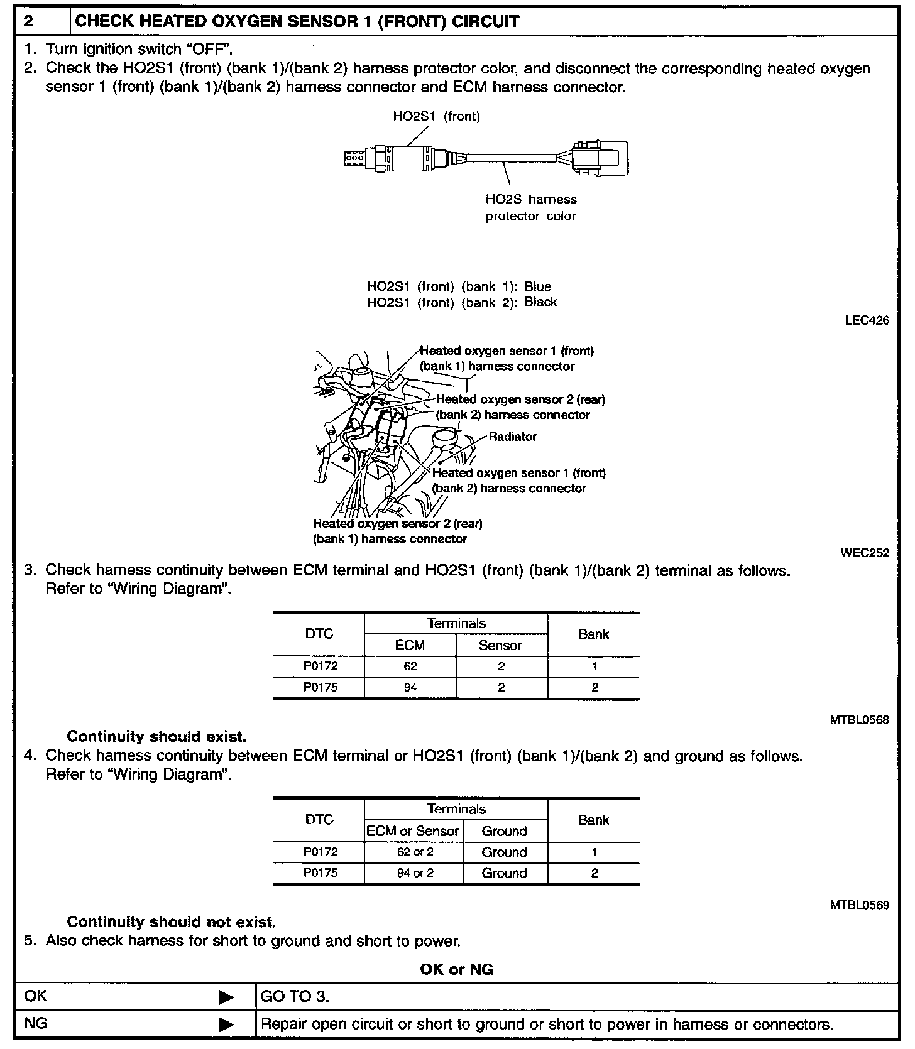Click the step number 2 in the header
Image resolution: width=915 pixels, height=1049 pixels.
click(28, 21)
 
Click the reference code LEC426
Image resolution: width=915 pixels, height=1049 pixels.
click(867, 320)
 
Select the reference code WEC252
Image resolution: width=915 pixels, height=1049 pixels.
click(865, 553)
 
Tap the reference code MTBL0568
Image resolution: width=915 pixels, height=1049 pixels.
click(859, 720)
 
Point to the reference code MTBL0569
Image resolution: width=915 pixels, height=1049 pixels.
click(859, 905)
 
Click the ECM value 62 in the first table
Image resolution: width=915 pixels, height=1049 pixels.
click(410, 666)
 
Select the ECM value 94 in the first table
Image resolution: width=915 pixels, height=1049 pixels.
click(410, 687)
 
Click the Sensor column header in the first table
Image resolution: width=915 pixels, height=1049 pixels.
click(500, 645)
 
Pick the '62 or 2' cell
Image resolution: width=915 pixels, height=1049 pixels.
click(415, 852)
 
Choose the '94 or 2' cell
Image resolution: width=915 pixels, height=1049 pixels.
click(415, 873)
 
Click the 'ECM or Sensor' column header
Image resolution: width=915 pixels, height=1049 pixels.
click(413, 831)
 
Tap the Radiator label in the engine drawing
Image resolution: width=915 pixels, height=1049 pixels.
click(513, 437)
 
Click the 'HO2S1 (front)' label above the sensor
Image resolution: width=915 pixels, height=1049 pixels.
click(437, 116)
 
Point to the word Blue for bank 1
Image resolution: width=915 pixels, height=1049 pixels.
click(538, 286)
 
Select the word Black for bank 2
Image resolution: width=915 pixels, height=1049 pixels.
click(540, 302)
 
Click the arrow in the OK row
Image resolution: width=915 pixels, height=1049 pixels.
click(226, 997)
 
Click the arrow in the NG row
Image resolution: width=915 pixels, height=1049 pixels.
click(226, 1025)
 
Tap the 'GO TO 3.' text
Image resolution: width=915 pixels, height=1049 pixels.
click(295, 997)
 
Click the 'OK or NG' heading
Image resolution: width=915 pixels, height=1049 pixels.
click(457, 969)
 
